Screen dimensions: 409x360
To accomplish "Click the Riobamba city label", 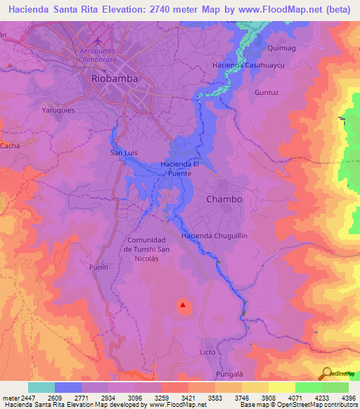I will tap(115, 79).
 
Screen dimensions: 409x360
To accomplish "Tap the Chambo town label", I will tap(224, 199).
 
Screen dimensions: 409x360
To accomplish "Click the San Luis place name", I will tap(124, 152).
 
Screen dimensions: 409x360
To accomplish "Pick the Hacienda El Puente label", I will tap(181, 169).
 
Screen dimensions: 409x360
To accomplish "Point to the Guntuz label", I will tap(266, 92).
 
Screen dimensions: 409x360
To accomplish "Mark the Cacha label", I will tap(10, 145).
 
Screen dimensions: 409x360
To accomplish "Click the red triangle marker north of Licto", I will tap(183, 305).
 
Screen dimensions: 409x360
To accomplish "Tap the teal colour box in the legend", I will tap(41, 387).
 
